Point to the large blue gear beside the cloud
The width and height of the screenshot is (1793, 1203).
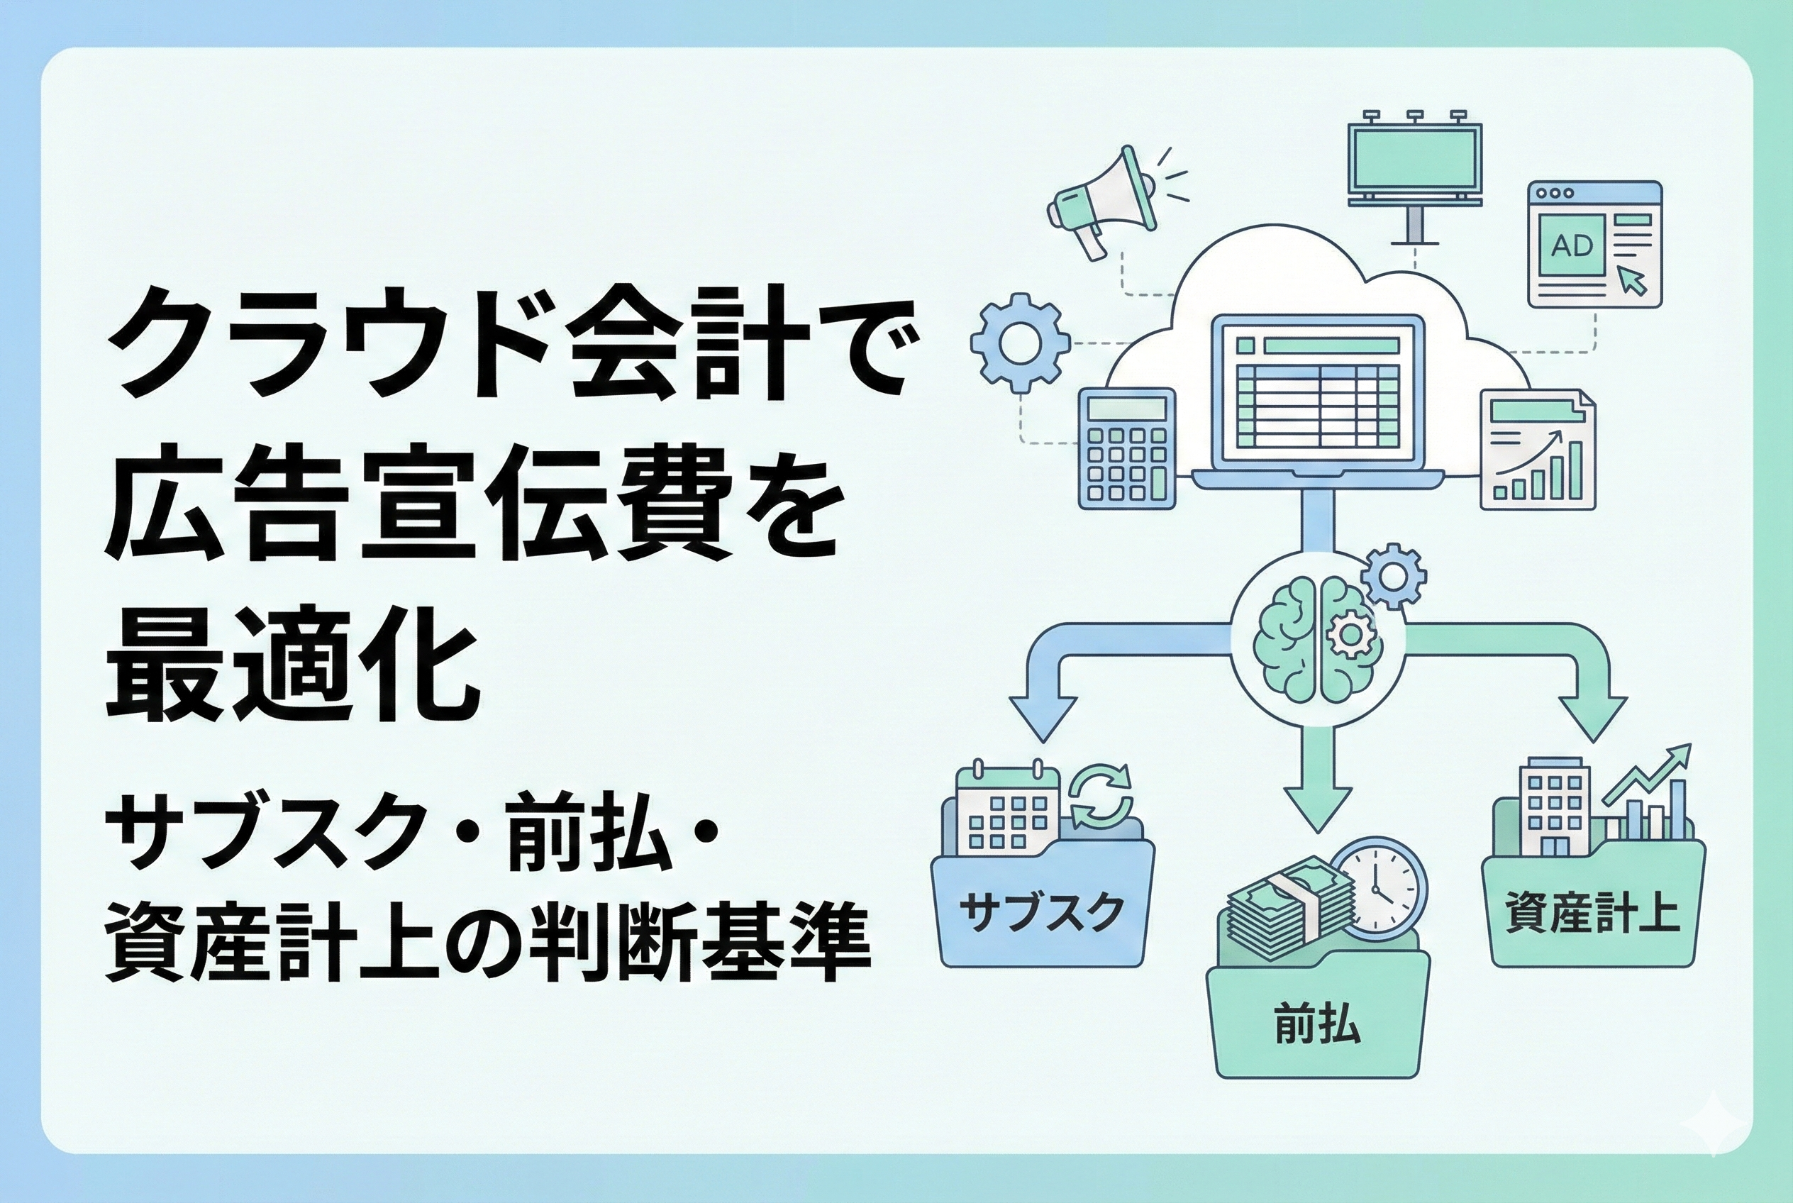(1021, 343)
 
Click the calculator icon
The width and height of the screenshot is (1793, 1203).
(1127, 448)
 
